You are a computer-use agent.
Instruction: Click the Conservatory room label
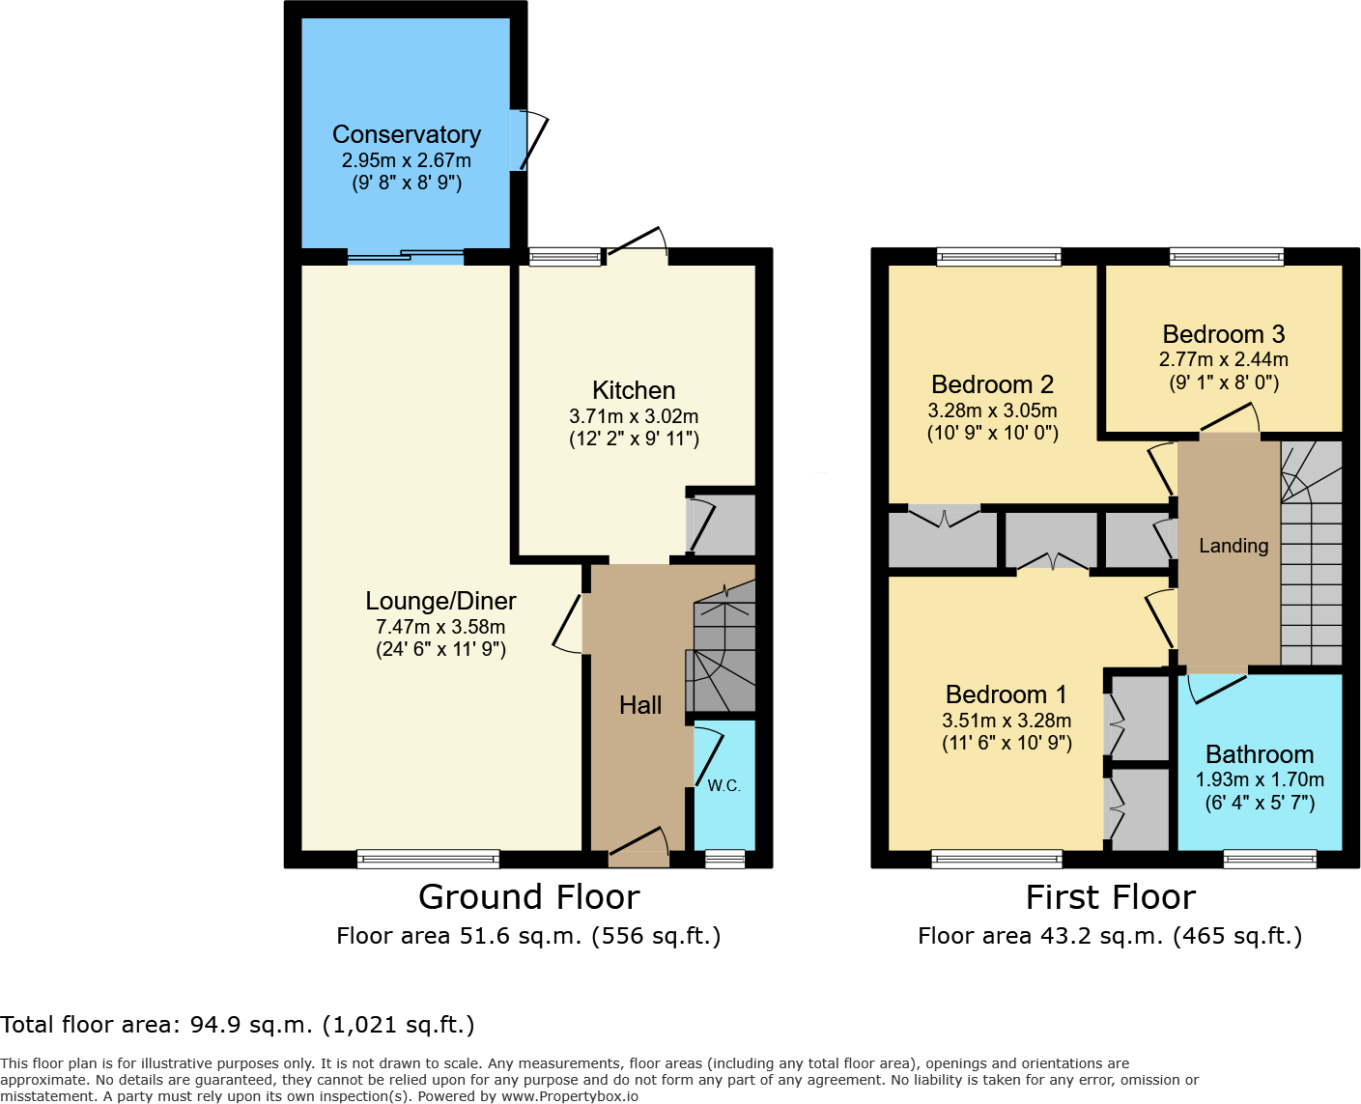(406, 134)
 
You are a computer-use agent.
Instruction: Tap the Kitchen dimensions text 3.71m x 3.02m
(634, 416)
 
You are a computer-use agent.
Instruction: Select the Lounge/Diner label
(440, 601)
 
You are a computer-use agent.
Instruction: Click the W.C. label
(723, 786)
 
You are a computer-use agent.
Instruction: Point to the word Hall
(640, 705)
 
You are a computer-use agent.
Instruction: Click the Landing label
(1233, 546)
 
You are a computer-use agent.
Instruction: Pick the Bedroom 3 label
(1223, 334)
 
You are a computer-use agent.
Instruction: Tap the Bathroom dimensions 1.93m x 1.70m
(1260, 779)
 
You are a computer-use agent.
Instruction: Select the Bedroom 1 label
(1006, 694)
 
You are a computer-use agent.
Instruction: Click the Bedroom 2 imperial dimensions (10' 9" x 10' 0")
(992, 434)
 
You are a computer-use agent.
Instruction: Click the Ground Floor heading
(528, 897)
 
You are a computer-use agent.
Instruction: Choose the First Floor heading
(1110, 897)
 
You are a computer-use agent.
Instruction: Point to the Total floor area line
(238, 1025)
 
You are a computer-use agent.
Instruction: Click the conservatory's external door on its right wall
(529, 141)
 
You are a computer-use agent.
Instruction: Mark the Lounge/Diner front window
(428, 859)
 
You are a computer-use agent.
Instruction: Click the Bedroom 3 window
(1226, 257)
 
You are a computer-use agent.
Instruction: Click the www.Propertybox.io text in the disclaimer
(569, 1096)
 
